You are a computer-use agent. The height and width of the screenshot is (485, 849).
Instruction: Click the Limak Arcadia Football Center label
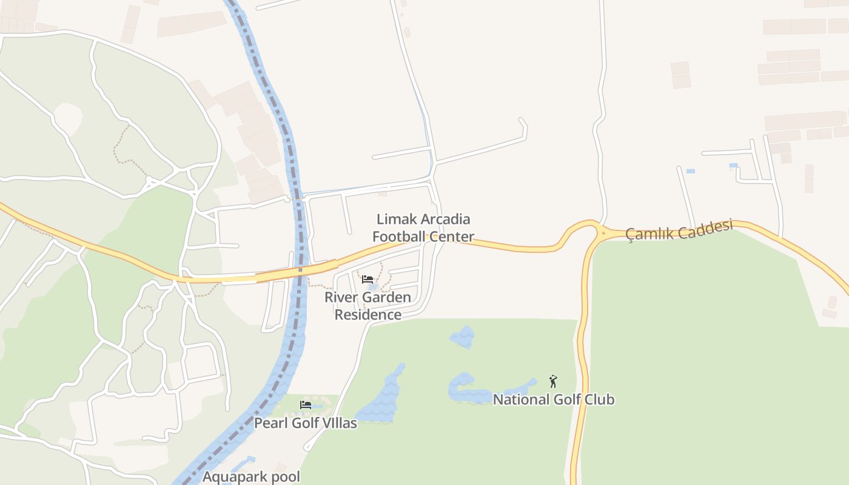click(423, 227)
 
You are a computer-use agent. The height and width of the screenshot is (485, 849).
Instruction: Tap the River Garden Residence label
click(367, 306)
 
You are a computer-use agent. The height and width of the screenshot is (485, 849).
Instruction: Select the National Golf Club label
click(553, 400)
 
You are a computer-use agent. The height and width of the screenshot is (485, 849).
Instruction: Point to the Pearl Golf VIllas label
click(305, 423)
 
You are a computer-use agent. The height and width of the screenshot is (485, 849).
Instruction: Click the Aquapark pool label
click(251, 477)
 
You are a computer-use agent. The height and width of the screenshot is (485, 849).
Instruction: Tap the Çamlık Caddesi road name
click(679, 230)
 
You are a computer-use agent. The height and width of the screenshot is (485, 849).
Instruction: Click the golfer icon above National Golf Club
click(552, 381)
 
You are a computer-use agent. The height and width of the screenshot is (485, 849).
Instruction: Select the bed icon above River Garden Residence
click(367, 279)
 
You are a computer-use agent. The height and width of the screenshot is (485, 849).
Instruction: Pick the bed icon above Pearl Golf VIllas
click(306, 405)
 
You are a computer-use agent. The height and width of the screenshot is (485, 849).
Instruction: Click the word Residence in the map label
click(367, 315)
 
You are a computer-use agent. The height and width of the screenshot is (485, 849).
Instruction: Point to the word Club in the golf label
click(598, 400)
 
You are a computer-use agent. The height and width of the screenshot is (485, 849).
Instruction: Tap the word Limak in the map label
click(394, 219)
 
